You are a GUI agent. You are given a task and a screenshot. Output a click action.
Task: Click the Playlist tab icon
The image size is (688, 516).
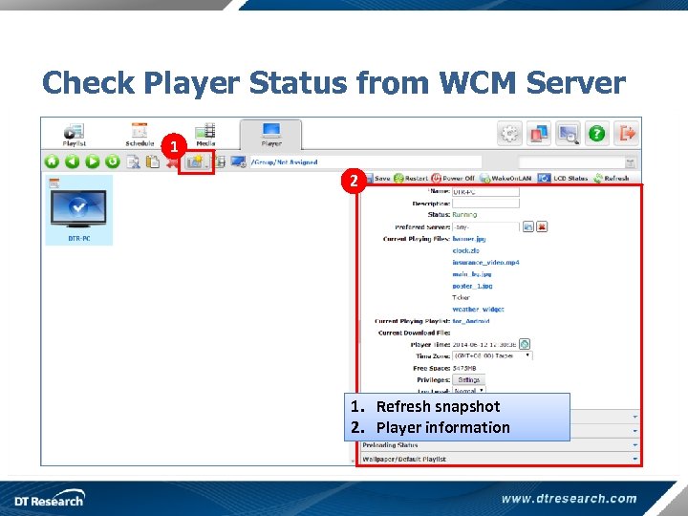coord(75,132)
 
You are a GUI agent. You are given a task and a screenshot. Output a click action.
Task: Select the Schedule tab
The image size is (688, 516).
coord(140,133)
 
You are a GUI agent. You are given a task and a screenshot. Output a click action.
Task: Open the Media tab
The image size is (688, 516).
coord(205,133)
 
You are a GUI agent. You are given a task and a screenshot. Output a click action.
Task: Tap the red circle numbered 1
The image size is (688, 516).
coord(173,147)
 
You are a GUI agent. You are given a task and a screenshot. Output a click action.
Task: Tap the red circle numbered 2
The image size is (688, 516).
coord(353,180)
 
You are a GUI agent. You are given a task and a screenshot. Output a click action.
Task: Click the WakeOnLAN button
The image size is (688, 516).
coord(505,178)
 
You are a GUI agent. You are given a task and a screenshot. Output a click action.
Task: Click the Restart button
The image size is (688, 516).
coord(411,178)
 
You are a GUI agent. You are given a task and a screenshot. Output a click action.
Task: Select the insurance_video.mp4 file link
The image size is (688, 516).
coord(485,262)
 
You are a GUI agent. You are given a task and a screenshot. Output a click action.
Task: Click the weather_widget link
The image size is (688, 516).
coord(478,309)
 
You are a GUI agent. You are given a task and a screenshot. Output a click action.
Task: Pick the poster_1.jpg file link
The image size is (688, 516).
coord(472,286)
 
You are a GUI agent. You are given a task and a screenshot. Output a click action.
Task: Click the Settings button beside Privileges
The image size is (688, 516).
coord(468,379)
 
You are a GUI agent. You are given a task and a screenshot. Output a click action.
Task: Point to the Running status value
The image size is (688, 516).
coord(464,215)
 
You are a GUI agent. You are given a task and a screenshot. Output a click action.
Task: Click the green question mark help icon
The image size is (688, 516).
coord(597,134)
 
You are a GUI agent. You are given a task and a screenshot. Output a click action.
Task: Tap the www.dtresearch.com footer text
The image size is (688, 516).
coord(569,498)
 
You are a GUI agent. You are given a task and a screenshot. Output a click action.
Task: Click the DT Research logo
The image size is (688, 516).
coord(49,498)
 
